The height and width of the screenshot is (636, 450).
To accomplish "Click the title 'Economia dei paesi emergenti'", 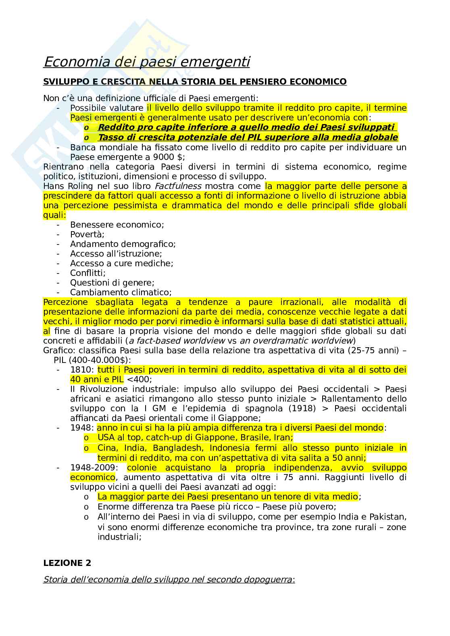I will [146, 62].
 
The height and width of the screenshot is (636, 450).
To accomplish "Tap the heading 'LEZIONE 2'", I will [67, 563].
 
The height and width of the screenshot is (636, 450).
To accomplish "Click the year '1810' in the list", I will [82, 370].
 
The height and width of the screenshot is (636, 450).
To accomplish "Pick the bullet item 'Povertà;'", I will [87, 234].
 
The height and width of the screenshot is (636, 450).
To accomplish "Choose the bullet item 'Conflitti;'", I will [88, 273].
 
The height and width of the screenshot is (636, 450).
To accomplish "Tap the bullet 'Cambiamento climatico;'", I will [121, 292].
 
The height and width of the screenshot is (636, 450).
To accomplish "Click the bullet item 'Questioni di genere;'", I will [112, 283].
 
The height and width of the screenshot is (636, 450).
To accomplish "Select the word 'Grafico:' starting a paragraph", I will [59, 350].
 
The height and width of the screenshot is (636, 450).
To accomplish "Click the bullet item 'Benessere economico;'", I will [117, 225].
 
